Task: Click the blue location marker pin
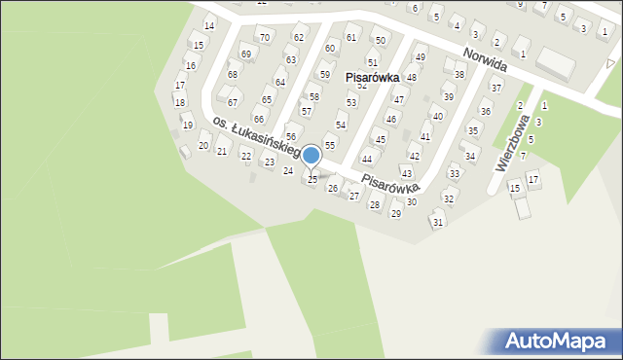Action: pyautogui.click(x=311, y=156)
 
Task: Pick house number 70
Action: pyautogui.click(x=264, y=37)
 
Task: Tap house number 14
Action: pyautogui.click(x=208, y=25)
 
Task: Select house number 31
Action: pyautogui.click(x=438, y=222)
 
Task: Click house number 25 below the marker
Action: pyautogui.click(x=312, y=179)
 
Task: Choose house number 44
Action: pyautogui.click(x=367, y=159)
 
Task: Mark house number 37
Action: pyautogui.click(x=495, y=88)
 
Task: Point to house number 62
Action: pyautogui.click(x=299, y=37)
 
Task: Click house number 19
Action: pyautogui.click(x=187, y=125)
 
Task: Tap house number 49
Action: pyautogui.click(x=421, y=58)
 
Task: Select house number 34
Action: pyautogui.click(x=469, y=156)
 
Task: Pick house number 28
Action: pyautogui.click(x=375, y=204)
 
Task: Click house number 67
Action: pyautogui.click(x=233, y=102)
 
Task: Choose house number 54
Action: pyautogui.click(x=341, y=125)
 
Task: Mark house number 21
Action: pyautogui.click(x=222, y=151)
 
